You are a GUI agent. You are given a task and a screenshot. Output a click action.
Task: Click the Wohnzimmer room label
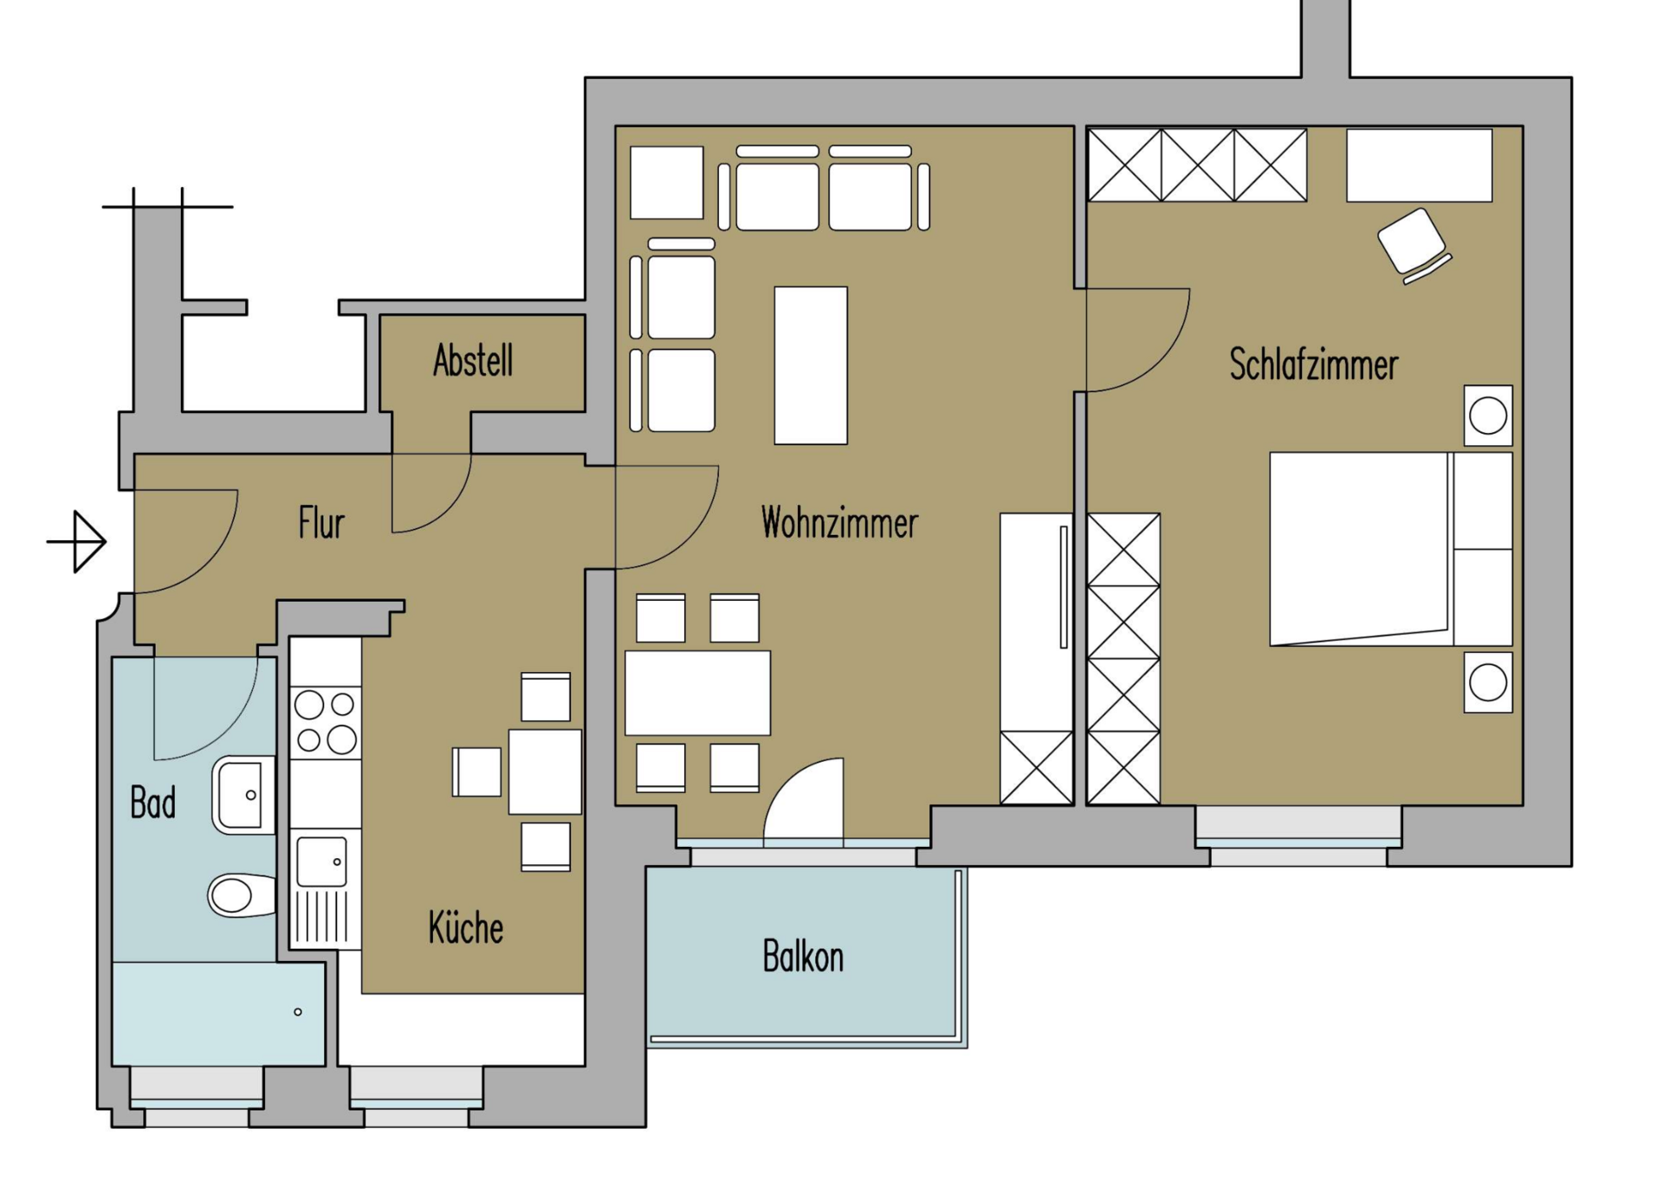(x=839, y=523)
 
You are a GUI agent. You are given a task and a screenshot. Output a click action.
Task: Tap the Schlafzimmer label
(x=1313, y=365)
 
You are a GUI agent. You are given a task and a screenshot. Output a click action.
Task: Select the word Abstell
(x=473, y=361)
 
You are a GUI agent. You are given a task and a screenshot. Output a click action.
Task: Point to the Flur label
(x=321, y=523)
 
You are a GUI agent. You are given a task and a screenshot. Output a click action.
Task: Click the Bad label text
(x=153, y=803)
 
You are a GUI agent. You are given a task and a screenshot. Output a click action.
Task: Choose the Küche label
(x=466, y=927)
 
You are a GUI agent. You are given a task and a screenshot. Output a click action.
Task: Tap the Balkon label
(x=803, y=957)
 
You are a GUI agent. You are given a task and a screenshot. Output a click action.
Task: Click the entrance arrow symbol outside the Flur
(x=78, y=542)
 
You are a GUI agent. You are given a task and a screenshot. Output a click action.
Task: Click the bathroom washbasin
(x=244, y=796)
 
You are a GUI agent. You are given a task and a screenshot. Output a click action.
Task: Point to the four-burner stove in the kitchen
(x=325, y=722)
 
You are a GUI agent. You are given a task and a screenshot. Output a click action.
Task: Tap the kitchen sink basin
(x=321, y=861)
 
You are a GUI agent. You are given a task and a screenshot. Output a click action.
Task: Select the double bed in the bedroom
(x=1391, y=549)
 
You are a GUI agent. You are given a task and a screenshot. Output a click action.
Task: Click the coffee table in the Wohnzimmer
(x=811, y=365)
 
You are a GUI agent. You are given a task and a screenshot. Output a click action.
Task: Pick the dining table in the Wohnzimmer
(x=697, y=693)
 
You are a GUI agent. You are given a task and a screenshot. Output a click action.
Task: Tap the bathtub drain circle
(x=298, y=1012)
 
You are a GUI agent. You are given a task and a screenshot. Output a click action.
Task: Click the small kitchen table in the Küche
(x=545, y=771)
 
